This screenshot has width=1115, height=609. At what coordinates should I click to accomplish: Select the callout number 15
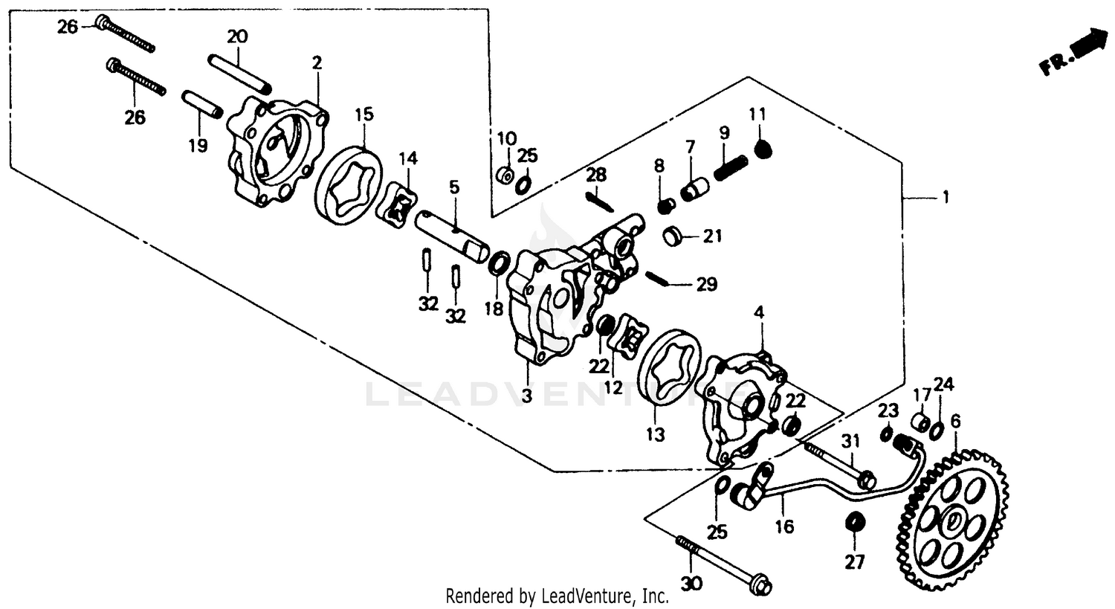[x=363, y=115]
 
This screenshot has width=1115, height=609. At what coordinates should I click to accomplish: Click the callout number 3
[x=526, y=396]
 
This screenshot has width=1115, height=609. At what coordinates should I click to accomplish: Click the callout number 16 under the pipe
[x=784, y=526]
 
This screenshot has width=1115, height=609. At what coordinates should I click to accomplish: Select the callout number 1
[x=946, y=198]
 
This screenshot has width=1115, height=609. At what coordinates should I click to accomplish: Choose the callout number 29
[x=707, y=283]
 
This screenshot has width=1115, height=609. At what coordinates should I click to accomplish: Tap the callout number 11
[x=757, y=115]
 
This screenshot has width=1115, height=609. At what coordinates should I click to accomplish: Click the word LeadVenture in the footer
[x=592, y=596]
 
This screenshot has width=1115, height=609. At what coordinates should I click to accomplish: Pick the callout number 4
[x=759, y=313]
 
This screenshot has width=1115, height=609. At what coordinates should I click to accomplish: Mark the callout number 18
[x=494, y=309]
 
